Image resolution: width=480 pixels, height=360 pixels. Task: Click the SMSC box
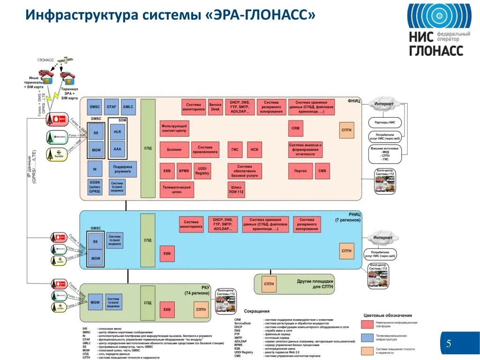point(95,107)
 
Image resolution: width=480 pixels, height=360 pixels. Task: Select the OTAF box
point(111,107)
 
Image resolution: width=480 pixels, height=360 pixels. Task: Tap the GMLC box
point(128,107)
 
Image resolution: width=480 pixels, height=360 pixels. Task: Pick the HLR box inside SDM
point(117,132)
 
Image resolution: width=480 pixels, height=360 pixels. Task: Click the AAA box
point(117,150)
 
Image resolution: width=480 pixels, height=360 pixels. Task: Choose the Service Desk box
point(215,107)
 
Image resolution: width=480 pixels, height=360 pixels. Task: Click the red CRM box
point(295,128)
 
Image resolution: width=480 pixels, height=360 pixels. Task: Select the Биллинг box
point(174,150)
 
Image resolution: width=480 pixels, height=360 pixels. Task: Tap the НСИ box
point(255,150)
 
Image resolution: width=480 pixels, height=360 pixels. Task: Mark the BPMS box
point(183,171)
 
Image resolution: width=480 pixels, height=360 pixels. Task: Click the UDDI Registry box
point(202,171)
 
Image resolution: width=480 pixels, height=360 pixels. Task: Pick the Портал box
point(300,171)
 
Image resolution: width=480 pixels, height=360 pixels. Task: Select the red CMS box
point(322,171)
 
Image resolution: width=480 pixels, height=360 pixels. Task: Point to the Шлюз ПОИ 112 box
point(237,189)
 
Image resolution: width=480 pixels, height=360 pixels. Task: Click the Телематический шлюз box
point(177,189)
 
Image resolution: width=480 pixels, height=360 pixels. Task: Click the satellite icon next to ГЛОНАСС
point(67,60)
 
